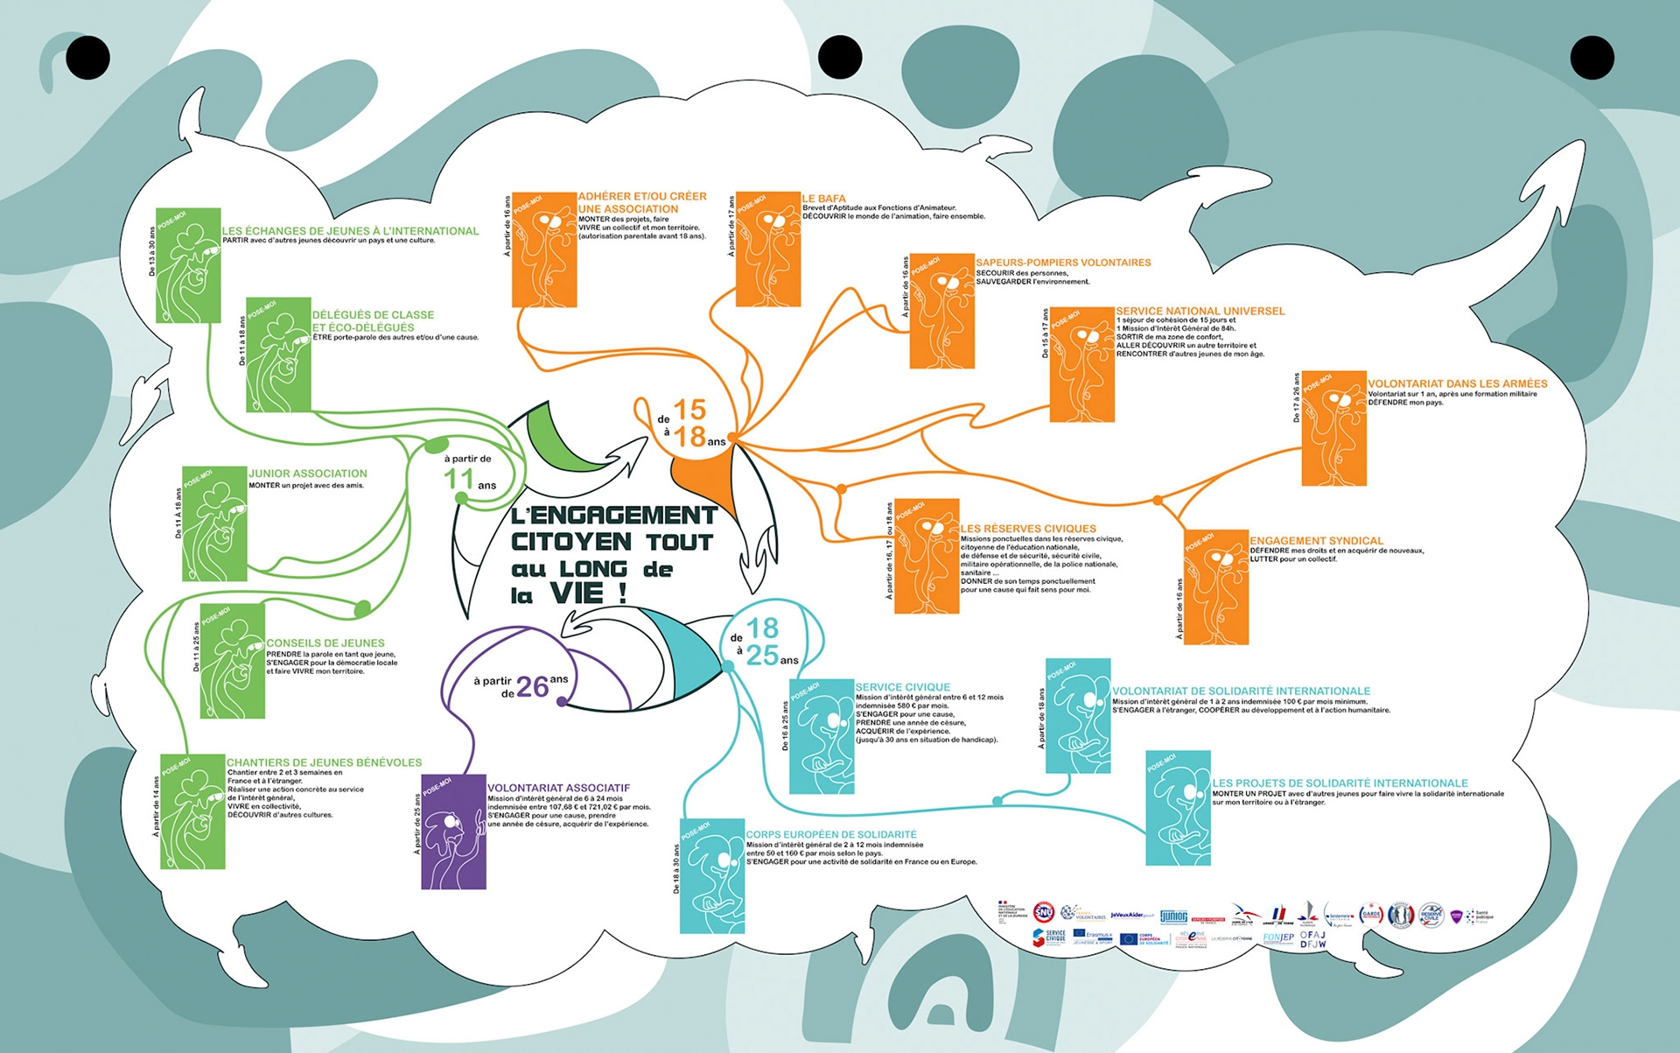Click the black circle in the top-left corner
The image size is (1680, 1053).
tap(87, 58)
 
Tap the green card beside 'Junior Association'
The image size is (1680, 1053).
tap(214, 523)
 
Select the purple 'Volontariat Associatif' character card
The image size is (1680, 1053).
tap(453, 832)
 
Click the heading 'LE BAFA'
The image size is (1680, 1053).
tap(823, 199)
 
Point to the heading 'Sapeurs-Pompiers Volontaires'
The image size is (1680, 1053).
tap(1063, 263)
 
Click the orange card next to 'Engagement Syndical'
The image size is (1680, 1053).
tap(1216, 586)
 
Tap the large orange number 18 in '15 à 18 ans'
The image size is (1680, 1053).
tap(689, 437)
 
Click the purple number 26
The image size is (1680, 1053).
tap(532, 688)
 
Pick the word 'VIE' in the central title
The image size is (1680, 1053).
tap(577, 593)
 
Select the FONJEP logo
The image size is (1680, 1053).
tap(1278, 938)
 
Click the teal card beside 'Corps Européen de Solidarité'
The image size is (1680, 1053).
tap(712, 875)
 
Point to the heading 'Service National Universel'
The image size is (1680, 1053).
tap(1200, 311)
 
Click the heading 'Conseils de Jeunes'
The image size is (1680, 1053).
tap(325, 642)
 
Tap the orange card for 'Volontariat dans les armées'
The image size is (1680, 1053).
tap(1333, 428)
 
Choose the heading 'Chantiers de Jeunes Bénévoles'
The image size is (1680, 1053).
tap(324, 762)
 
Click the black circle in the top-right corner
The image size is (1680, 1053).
tap(1592, 58)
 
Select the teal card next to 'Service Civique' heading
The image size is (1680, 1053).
tap(822, 736)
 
